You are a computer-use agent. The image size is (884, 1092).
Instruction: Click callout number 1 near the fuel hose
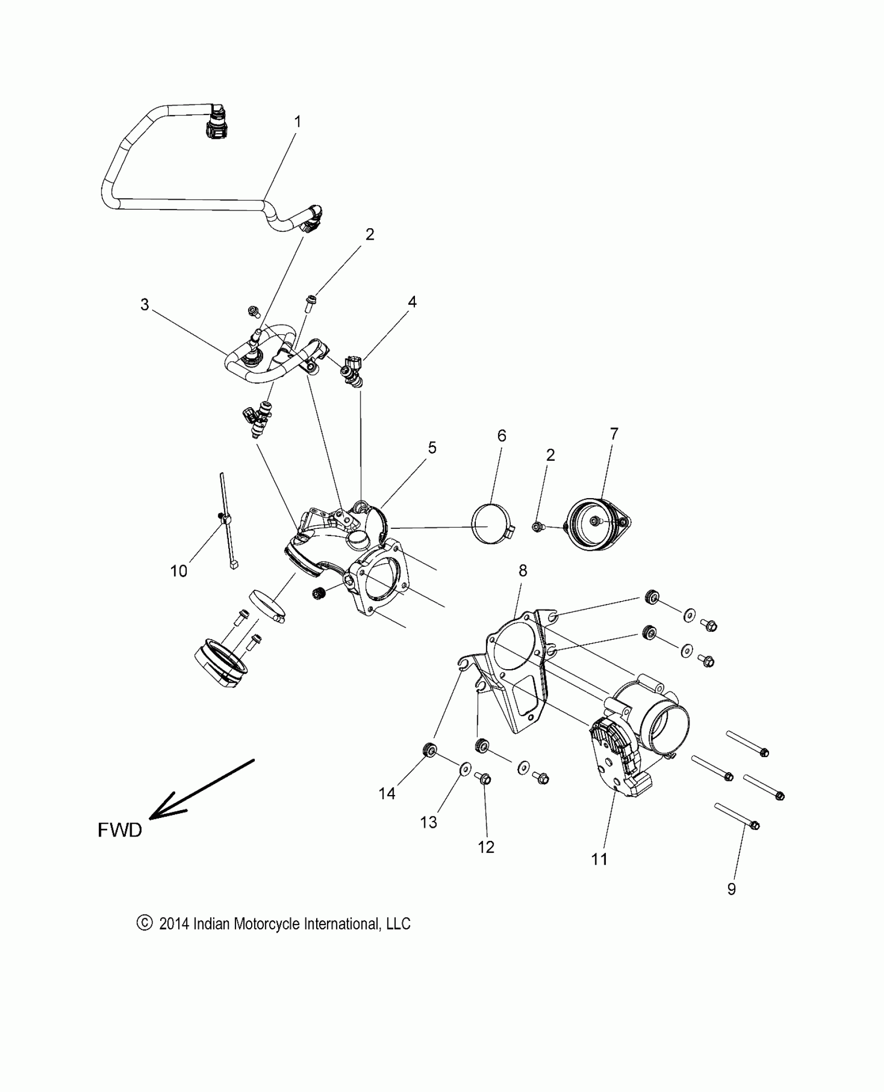pyautogui.click(x=297, y=122)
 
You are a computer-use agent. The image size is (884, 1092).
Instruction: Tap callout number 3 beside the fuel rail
pyautogui.click(x=145, y=305)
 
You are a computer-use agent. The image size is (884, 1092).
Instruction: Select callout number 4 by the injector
pyautogui.click(x=412, y=302)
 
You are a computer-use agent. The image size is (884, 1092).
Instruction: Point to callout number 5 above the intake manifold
pyautogui.click(x=432, y=448)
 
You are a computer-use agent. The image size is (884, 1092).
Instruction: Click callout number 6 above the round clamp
pyautogui.click(x=502, y=436)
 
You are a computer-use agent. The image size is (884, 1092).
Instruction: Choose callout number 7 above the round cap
pyautogui.click(x=614, y=434)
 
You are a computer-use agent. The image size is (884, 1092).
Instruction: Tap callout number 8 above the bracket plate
pyautogui.click(x=523, y=571)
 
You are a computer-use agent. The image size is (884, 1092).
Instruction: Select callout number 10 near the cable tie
pyautogui.click(x=178, y=571)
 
